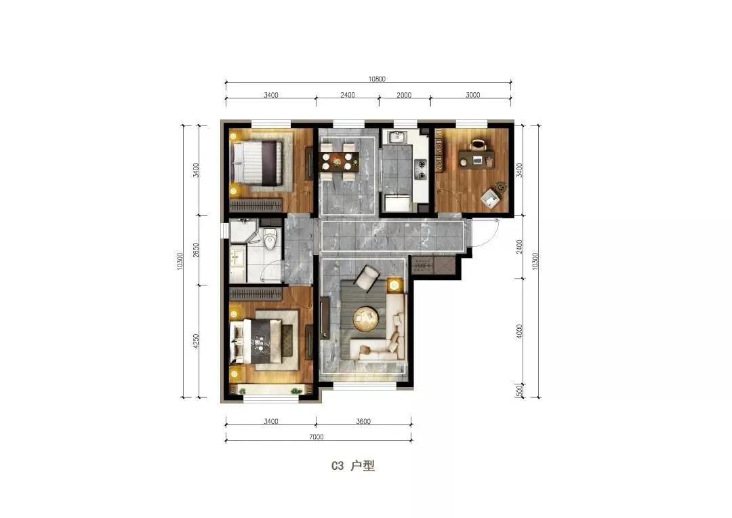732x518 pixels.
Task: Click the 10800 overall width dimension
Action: pyautogui.click(x=377, y=79)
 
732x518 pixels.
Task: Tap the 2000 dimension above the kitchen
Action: pyautogui.click(x=404, y=95)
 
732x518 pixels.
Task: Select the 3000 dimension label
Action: pyautogui.click(x=472, y=95)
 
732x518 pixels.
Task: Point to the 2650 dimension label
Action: pyautogui.click(x=196, y=250)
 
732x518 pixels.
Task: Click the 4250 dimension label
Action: pyautogui.click(x=196, y=341)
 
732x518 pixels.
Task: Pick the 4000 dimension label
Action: pyautogui.click(x=520, y=331)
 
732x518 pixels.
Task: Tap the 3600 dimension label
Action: pyautogui.click(x=363, y=421)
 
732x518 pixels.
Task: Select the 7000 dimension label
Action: pyautogui.click(x=316, y=437)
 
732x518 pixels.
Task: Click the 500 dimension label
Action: pyautogui.click(x=520, y=389)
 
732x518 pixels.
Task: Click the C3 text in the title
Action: pyautogui.click(x=338, y=466)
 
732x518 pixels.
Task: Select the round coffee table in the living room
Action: pyautogui.click(x=365, y=318)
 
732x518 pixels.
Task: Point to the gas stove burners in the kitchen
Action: pyautogui.click(x=421, y=170)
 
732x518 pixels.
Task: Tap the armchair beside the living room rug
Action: pyautogui.click(x=367, y=279)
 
